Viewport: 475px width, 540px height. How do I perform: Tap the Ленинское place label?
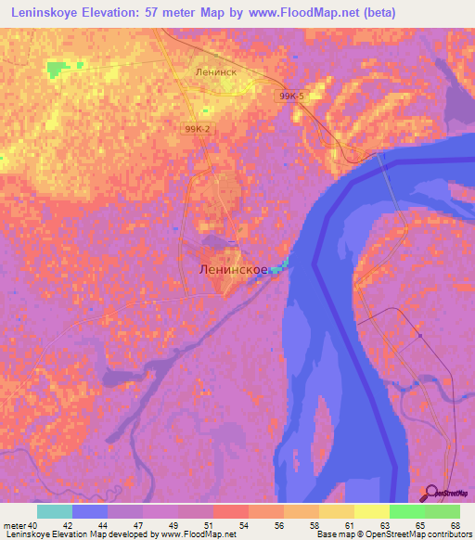234,269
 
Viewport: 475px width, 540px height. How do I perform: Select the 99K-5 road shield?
290,95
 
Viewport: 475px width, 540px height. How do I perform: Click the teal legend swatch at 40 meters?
55,511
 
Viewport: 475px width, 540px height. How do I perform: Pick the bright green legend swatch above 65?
406,511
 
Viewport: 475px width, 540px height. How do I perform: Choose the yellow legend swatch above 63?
371,511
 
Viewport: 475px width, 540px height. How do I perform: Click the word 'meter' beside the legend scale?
14,525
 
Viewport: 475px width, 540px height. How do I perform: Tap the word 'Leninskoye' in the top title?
44,13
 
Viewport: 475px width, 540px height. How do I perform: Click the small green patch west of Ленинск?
58,70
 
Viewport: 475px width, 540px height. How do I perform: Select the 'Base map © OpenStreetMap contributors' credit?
392,534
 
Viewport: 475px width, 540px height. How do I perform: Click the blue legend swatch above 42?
90,511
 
